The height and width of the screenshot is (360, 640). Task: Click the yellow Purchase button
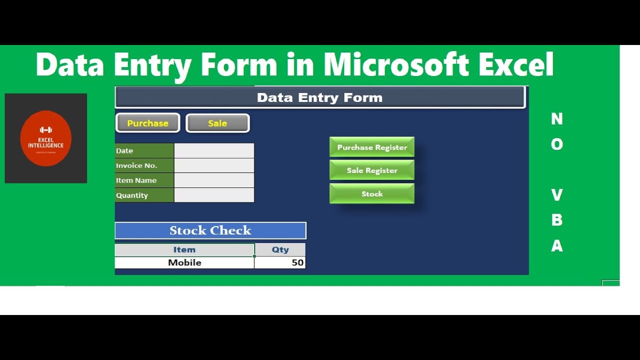click(x=147, y=123)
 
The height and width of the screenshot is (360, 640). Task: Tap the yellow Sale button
click(x=217, y=123)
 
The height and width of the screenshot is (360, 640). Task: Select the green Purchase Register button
click(x=372, y=147)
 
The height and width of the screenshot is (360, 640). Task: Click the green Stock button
click(x=372, y=194)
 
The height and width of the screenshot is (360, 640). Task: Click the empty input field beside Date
click(x=214, y=150)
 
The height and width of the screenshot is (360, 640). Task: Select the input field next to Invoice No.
click(x=214, y=165)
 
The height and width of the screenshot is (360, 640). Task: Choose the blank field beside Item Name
click(x=214, y=180)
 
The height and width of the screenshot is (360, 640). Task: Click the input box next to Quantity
click(x=214, y=195)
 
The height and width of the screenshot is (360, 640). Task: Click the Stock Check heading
click(x=210, y=230)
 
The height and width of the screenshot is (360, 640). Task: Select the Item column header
click(x=184, y=249)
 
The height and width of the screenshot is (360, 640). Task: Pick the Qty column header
click(x=280, y=249)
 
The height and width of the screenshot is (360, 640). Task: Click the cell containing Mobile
click(x=184, y=262)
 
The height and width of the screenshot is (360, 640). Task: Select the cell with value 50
click(x=280, y=262)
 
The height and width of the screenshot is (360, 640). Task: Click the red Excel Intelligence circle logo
click(x=46, y=138)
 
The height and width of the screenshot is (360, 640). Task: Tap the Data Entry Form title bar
click(x=320, y=97)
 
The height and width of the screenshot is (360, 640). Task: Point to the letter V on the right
click(x=556, y=194)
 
